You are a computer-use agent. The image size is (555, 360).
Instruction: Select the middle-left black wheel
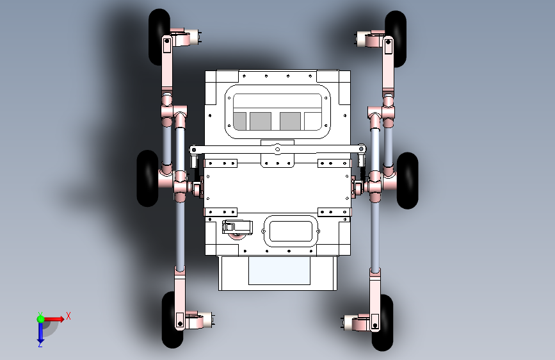click(x=147, y=178)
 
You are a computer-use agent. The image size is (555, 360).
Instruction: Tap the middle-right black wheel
click(x=408, y=181)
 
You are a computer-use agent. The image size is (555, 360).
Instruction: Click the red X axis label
click(x=68, y=316)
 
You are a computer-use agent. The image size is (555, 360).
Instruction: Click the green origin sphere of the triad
click(x=40, y=319)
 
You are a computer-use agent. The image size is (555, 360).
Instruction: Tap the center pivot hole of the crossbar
click(x=278, y=149)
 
